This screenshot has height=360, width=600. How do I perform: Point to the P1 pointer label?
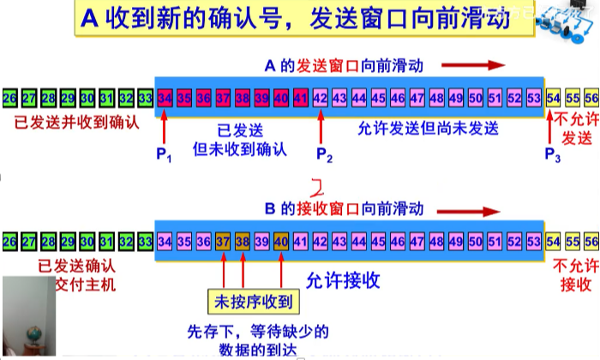[164, 156]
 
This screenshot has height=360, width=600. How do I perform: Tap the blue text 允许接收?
[343, 279]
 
